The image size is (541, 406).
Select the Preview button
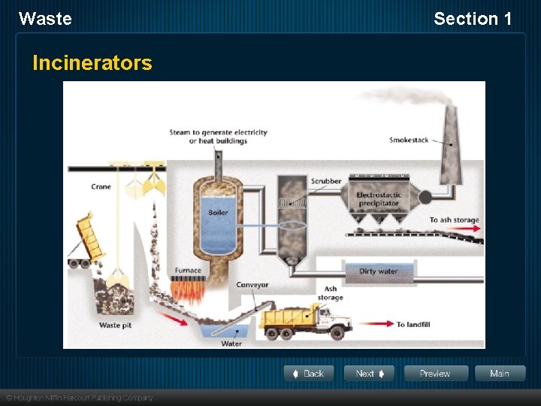436,374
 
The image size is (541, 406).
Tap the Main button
500,374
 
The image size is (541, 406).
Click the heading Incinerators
92,63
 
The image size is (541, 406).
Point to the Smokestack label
409,140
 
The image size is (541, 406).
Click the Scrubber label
326,181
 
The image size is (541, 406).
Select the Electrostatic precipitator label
379,199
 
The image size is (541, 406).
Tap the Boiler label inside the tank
218,213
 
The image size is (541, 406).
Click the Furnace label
188,271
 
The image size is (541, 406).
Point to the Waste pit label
115,326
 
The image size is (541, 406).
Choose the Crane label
101,186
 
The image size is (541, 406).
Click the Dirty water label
378,271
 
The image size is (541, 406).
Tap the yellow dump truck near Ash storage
304,320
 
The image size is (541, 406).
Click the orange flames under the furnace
188,289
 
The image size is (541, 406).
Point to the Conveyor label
252,285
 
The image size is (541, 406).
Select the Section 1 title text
473,19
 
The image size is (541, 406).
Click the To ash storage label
454,220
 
